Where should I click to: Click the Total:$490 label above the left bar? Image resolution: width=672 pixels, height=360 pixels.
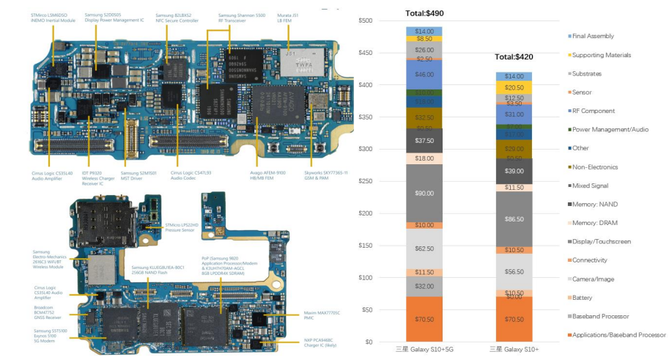click(x=424, y=13)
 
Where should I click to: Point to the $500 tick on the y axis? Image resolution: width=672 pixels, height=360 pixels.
click(x=365, y=21)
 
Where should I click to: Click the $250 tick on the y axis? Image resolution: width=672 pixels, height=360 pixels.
click(x=365, y=181)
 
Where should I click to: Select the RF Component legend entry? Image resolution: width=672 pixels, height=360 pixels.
click(x=593, y=111)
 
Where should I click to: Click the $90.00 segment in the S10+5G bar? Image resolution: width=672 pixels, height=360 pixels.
click(x=424, y=193)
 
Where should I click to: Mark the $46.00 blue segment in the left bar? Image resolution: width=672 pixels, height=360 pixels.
click(x=424, y=74)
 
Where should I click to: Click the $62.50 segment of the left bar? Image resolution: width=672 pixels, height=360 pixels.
click(x=424, y=249)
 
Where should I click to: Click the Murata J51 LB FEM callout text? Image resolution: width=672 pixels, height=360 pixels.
click(x=287, y=18)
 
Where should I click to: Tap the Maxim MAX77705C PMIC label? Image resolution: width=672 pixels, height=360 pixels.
click(x=320, y=316)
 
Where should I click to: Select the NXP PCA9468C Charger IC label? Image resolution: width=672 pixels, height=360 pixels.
click(x=320, y=342)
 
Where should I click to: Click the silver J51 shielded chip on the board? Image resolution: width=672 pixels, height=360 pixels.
click(x=298, y=63)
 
